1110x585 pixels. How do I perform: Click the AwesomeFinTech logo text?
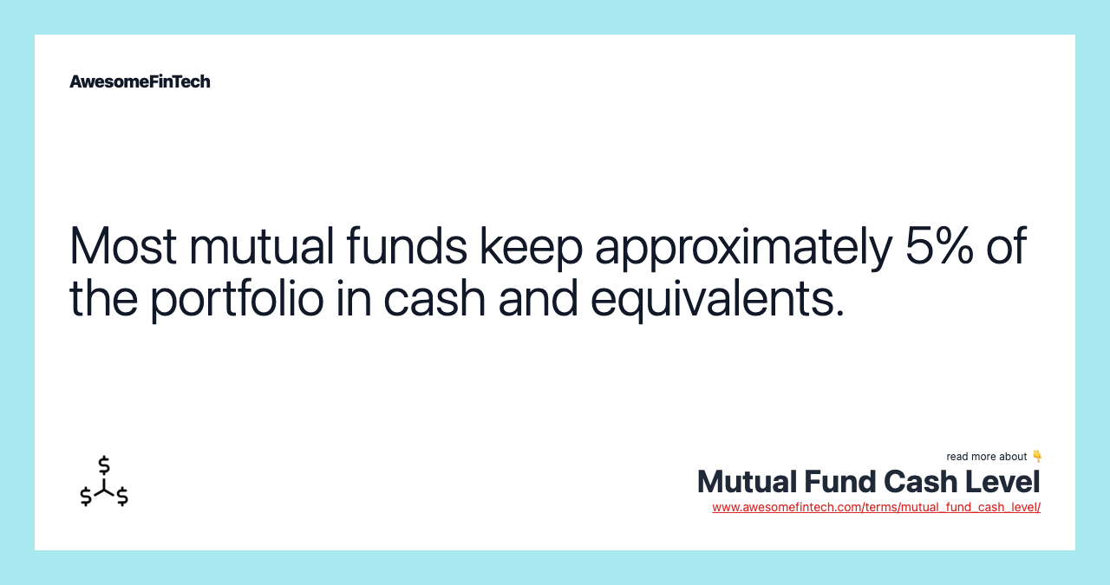[140, 81]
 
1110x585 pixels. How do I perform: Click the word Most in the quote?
[122, 246]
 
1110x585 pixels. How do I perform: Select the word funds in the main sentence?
[407, 246]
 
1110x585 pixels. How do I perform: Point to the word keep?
[531, 248]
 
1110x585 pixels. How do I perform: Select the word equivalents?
[716, 299]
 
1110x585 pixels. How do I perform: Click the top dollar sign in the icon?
[104, 465]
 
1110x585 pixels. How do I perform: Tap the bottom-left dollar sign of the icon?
[86, 497]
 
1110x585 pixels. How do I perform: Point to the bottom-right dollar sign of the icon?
[122, 497]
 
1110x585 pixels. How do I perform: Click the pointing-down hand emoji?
[1036, 456]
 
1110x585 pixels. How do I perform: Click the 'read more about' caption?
[987, 457]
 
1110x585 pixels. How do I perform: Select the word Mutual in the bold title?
[747, 482]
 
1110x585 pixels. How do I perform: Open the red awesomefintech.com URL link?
[876, 507]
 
